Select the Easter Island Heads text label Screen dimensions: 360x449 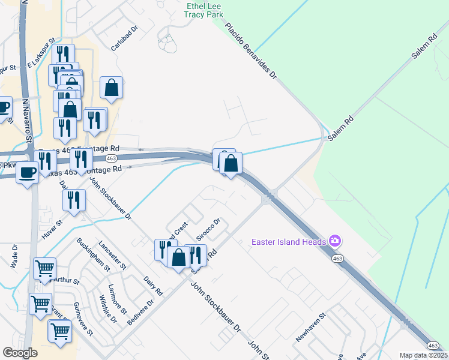click(288, 242)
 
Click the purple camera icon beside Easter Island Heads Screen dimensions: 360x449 click(334, 241)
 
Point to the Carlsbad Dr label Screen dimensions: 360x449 click(125, 38)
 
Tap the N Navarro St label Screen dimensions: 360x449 click(27, 121)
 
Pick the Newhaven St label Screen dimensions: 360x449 click(310, 328)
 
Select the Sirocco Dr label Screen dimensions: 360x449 click(209, 229)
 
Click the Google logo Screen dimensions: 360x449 click(21, 353)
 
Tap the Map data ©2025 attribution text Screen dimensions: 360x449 click(423, 355)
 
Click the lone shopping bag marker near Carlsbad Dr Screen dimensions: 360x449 click(112, 88)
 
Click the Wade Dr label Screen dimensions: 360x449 click(14, 259)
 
